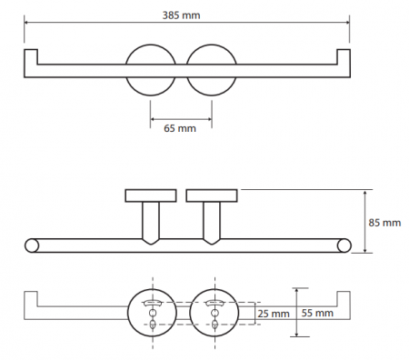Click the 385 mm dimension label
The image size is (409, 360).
point(181,15)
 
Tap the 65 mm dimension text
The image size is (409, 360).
point(180,128)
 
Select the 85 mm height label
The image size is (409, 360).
point(384,223)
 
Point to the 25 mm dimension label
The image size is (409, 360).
point(274,314)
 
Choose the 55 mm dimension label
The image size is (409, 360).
point(317,313)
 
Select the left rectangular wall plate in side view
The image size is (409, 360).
point(151,195)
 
